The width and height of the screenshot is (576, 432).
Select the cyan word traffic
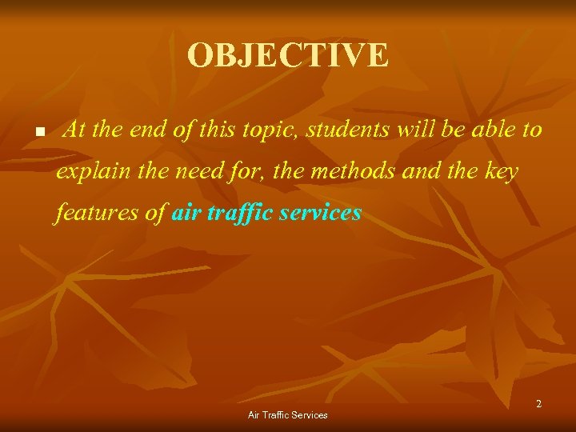click(242, 214)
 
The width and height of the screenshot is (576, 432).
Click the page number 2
click(538, 404)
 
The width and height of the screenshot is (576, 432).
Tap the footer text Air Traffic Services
click(288, 415)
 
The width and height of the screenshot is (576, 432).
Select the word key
click(502, 172)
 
